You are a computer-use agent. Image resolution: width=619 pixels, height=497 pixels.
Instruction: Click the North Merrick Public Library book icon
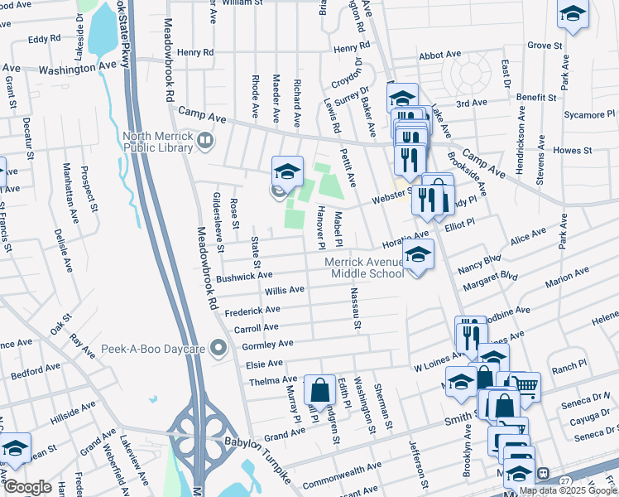pos(203,143)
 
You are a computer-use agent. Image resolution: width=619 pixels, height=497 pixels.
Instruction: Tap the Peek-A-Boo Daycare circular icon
pos(218,348)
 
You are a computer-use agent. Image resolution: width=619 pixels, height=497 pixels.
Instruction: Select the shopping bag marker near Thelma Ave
pos(319,388)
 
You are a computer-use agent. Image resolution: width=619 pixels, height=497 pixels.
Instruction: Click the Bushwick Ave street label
pos(244,277)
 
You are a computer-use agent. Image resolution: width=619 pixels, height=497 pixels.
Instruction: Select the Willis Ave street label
pos(284,291)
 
